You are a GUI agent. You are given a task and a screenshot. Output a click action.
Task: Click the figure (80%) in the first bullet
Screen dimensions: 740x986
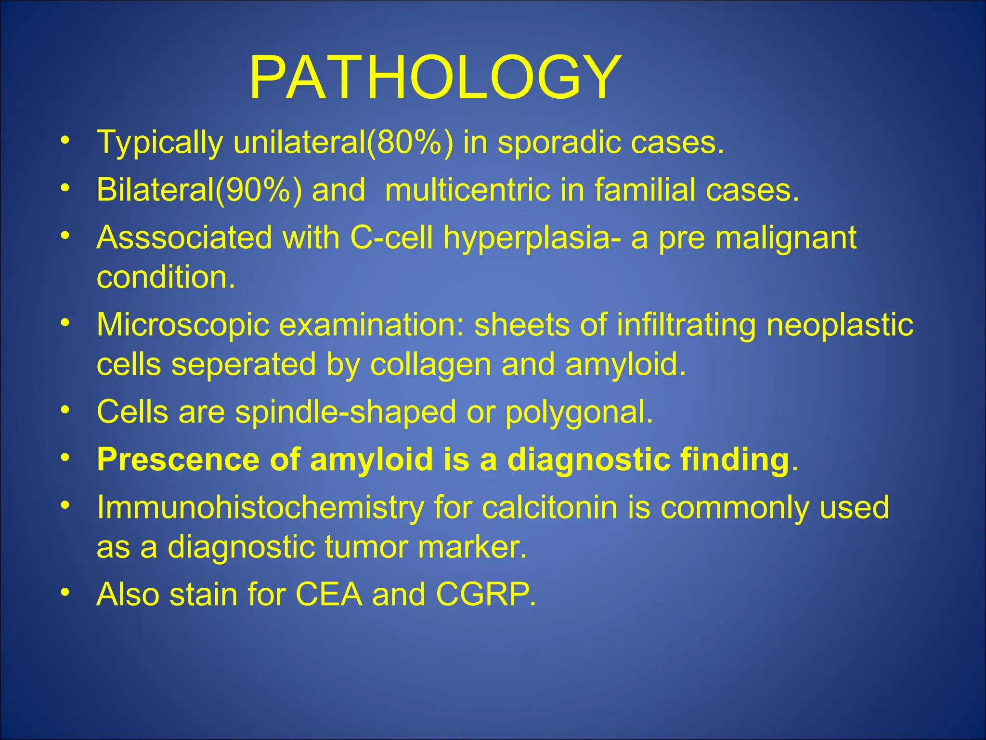click(x=409, y=143)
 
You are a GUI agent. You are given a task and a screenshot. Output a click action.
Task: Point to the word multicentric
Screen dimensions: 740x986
click(x=467, y=190)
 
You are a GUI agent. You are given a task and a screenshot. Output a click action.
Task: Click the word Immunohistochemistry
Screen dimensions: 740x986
click(x=260, y=508)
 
